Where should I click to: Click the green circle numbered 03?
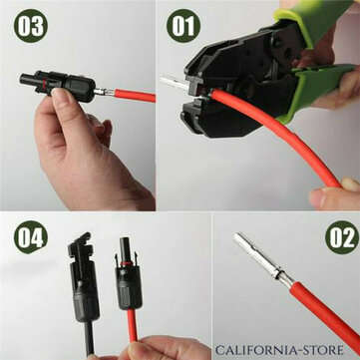point(30,27)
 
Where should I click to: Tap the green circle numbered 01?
point(184,26)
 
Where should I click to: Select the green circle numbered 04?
point(30,238)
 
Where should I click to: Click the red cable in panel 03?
point(134,97)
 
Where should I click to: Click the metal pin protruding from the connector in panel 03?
point(101,92)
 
